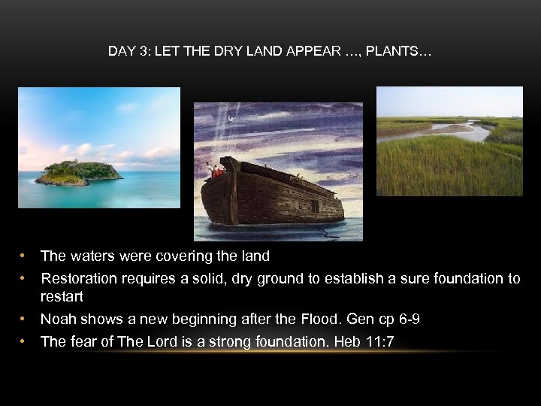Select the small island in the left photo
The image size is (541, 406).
pos(78,172)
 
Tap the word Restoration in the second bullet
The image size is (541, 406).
pos(79,278)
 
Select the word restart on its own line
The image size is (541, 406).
pos(62,297)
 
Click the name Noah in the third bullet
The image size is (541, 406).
pos(57,320)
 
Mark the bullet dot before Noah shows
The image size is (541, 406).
pos(25,320)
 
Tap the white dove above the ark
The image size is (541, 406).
pos(231,120)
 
